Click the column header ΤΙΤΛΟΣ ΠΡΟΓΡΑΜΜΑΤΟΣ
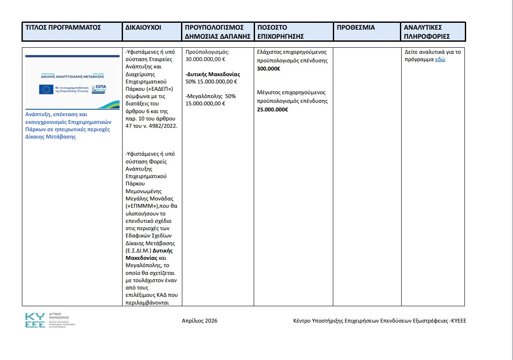pos(63,28)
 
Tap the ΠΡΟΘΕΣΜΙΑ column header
pos(356,28)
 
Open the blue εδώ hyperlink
pos(440,59)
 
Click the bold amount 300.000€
pos(268,69)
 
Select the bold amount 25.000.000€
pos(272,109)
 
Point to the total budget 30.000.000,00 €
pos(206,60)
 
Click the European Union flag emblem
pos(46,89)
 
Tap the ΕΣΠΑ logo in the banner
pos(100,89)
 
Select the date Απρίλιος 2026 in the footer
pos(200,321)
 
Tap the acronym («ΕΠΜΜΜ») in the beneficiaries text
pos(141,206)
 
